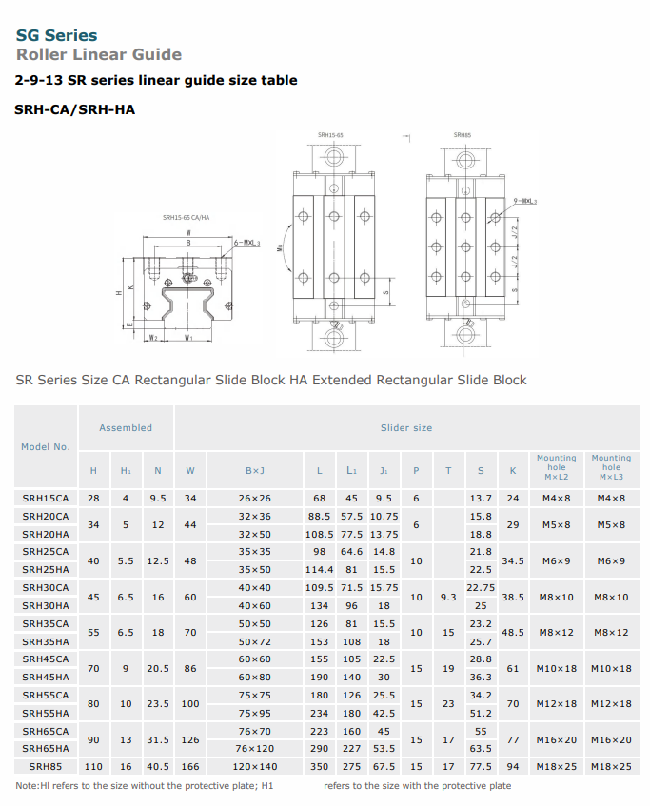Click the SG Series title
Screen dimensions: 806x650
click(56, 35)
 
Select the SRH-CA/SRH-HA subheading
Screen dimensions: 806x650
click(75, 109)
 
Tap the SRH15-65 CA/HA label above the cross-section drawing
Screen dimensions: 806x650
click(186, 217)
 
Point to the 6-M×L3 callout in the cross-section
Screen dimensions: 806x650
click(246, 244)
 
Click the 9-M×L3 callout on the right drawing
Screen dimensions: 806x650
click(524, 202)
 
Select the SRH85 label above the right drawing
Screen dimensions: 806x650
click(463, 136)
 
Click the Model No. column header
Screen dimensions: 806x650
click(46, 446)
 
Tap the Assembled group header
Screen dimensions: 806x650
click(126, 428)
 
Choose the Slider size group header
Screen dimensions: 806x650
click(406, 428)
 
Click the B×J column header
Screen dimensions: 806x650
click(255, 471)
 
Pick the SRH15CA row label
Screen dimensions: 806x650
click(46, 498)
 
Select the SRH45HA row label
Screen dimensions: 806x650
click(46, 677)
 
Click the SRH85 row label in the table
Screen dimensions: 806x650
click(46, 766)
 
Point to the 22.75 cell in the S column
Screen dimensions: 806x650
click(482, 587)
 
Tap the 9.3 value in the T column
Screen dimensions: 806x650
click(448, 597)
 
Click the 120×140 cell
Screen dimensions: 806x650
click(255, 766)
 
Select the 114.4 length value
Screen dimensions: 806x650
click(319, 569)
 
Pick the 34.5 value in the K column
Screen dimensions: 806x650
click(513, 560)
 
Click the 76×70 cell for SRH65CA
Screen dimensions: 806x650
click(255, 731)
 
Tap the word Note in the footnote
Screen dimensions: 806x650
click(27, 786)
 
